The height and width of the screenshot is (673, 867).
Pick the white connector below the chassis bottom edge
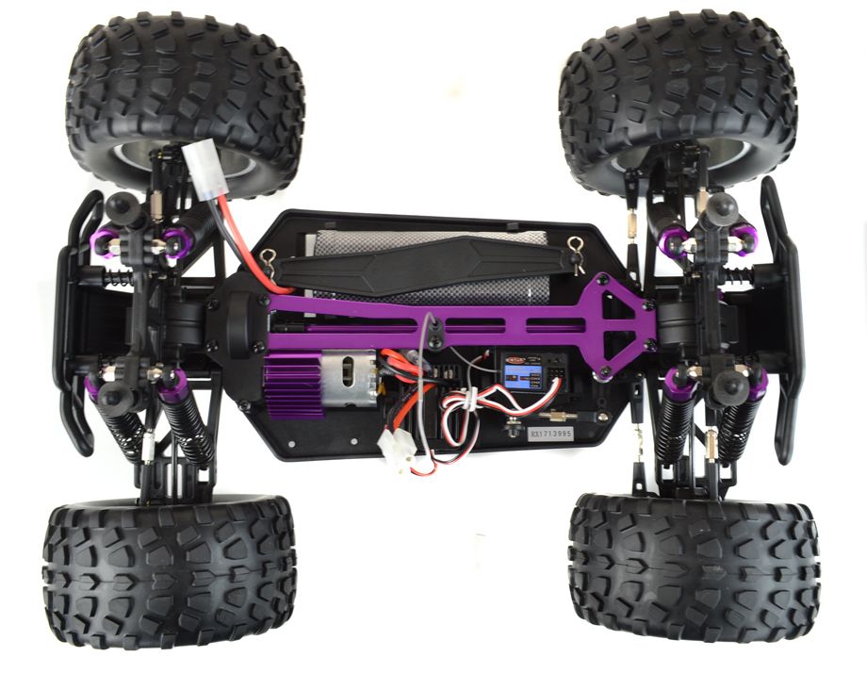399,455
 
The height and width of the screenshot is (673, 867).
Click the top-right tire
677,94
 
